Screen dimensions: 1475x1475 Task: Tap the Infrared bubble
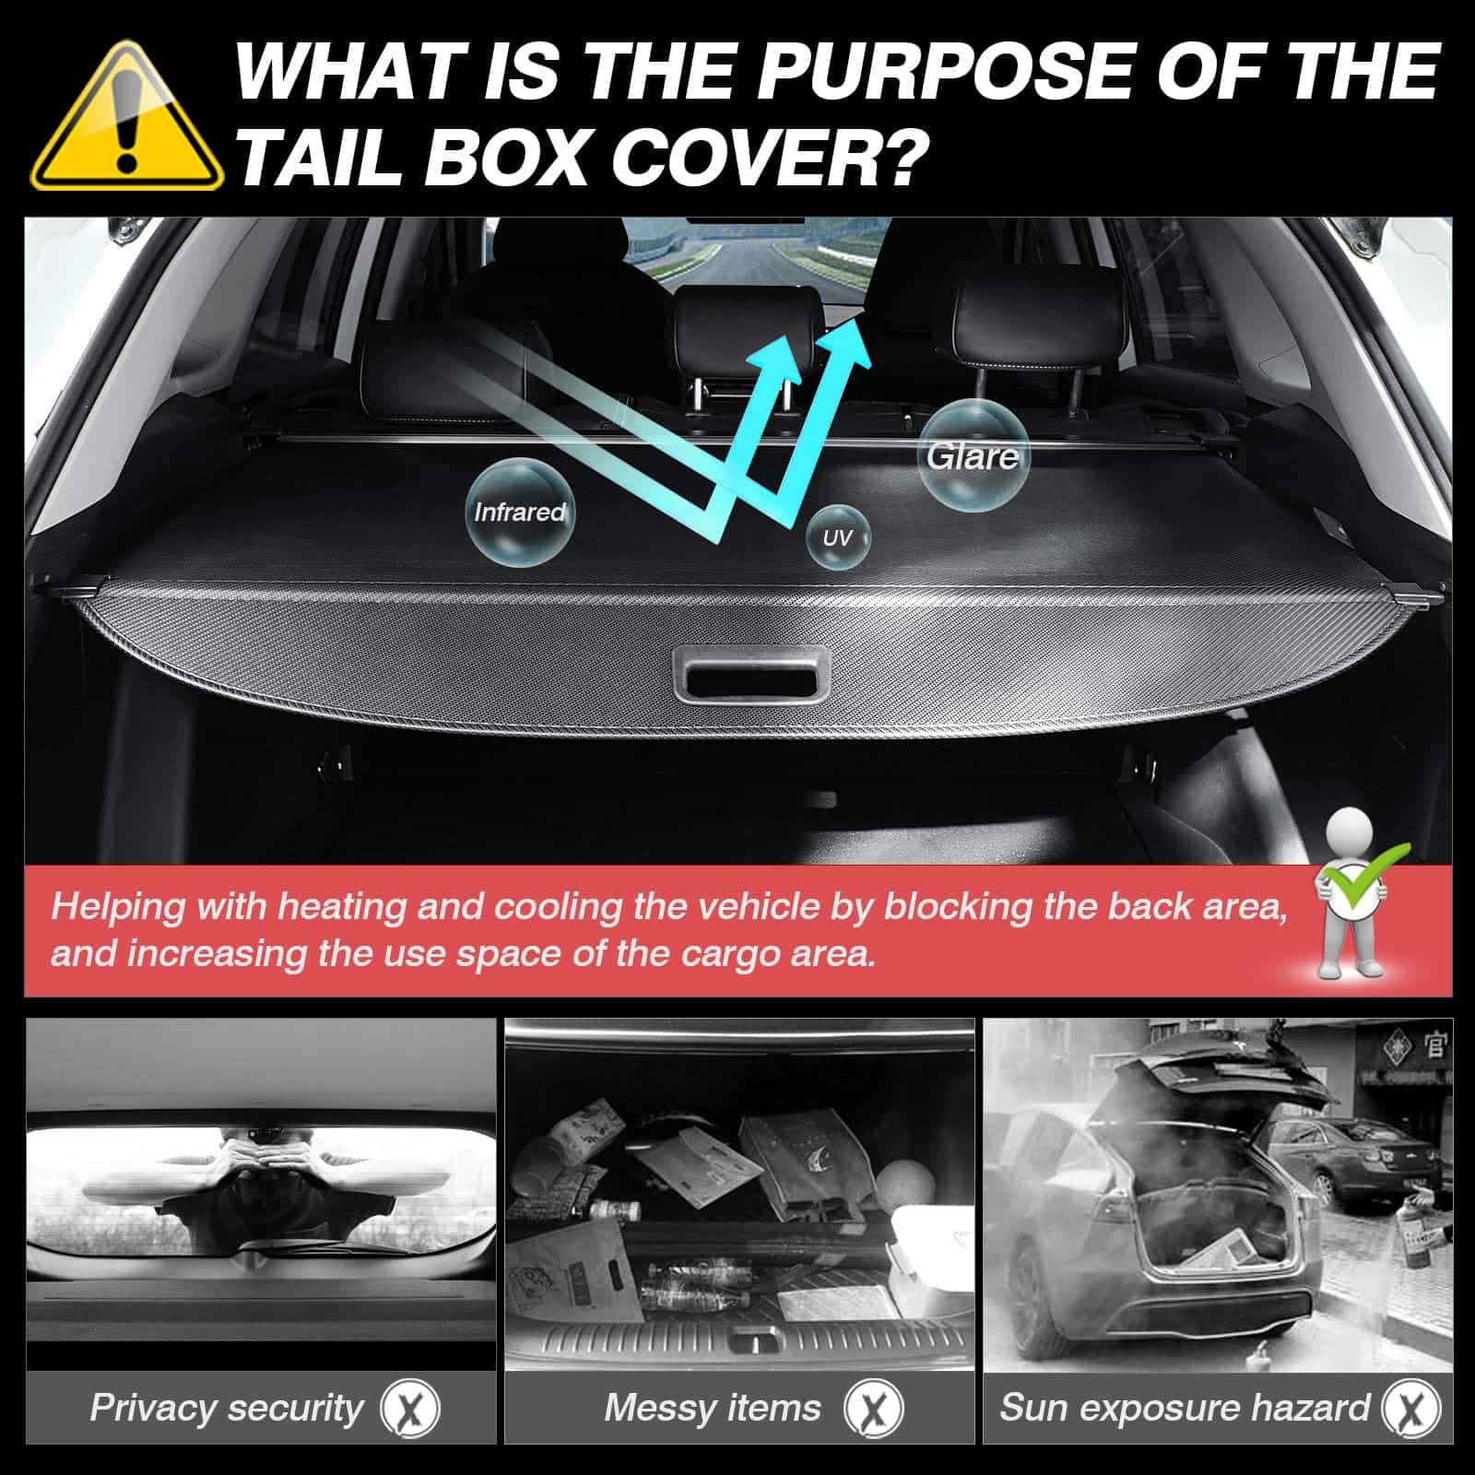point(519,510)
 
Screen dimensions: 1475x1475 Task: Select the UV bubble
point(837,537)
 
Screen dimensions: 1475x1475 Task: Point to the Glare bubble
point(973,455)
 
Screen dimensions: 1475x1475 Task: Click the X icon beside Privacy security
point(410,1409)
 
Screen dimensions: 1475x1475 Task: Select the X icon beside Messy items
point(874,1409)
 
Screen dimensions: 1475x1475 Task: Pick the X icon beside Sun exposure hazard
point(1411,1409)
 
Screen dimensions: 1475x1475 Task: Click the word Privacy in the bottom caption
point(153,1408)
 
